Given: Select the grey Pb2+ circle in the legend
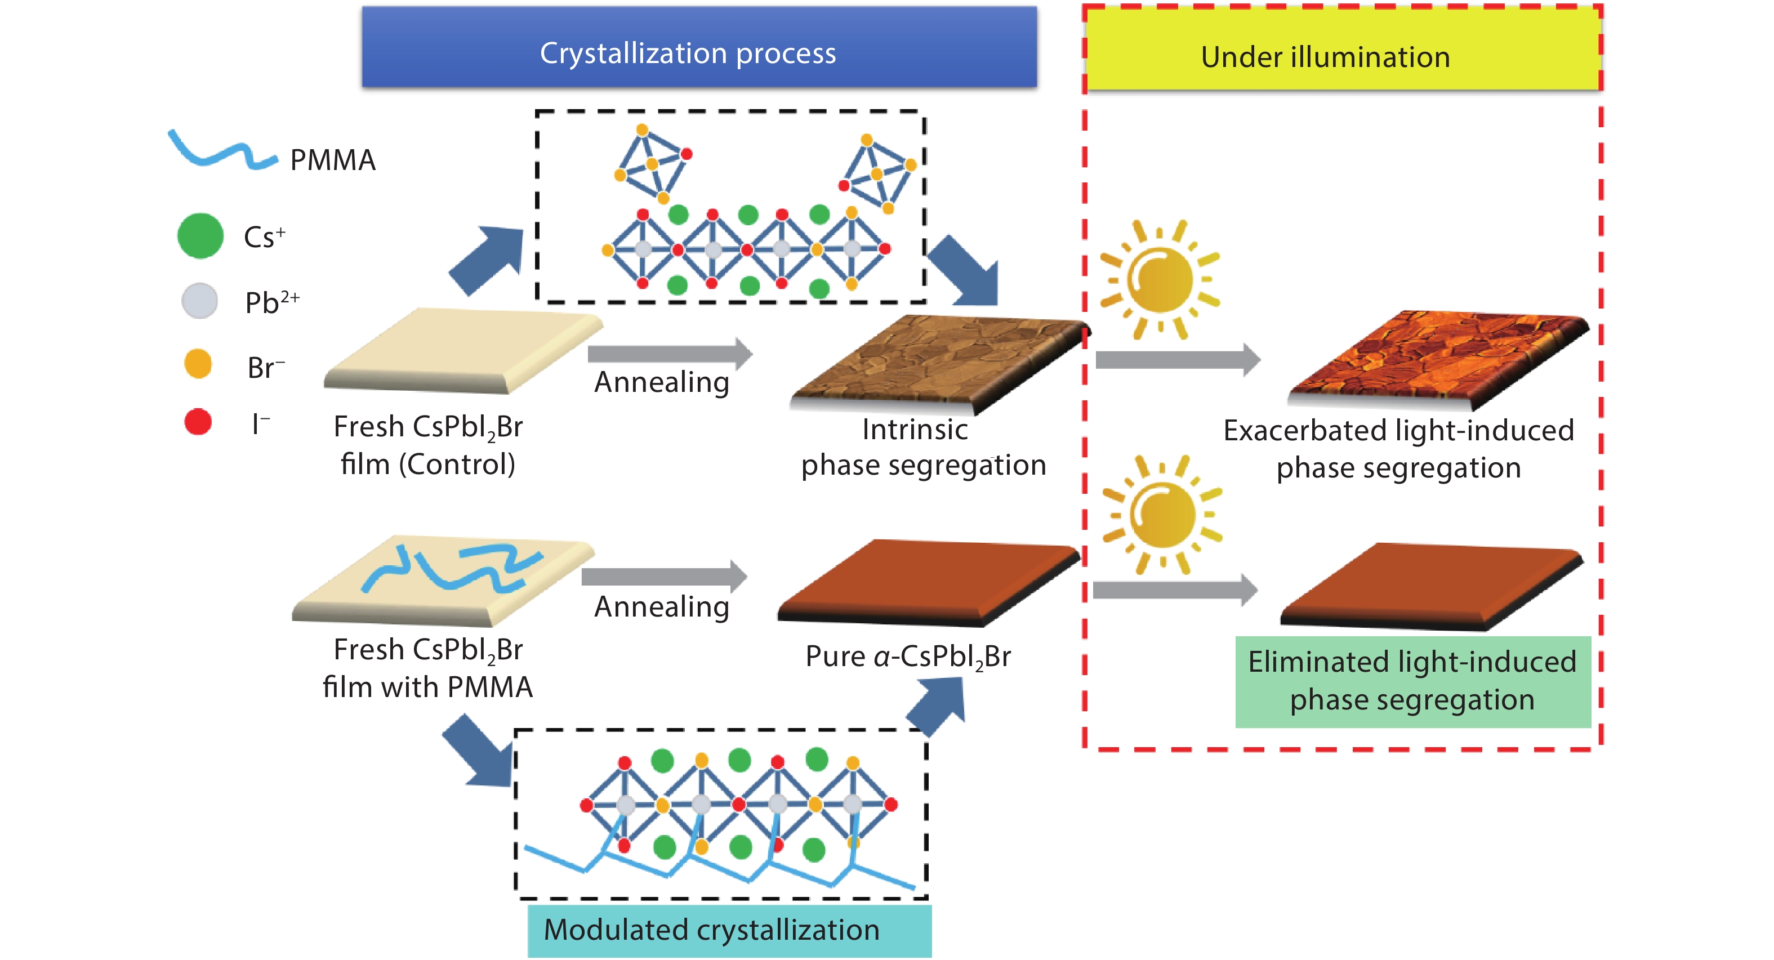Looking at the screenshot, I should [200, 301].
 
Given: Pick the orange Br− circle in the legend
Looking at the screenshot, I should [198, 364].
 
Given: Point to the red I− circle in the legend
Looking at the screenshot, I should [198, 422].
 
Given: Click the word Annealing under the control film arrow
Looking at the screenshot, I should [661, 382].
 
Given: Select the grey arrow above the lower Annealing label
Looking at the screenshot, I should [663, 576].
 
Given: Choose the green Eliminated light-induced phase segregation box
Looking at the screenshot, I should [1412, 682].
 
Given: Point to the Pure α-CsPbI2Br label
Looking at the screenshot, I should [908, 657].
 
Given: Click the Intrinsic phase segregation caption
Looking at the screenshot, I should [923, 448].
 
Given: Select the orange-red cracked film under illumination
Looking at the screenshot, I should [1436, 358].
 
